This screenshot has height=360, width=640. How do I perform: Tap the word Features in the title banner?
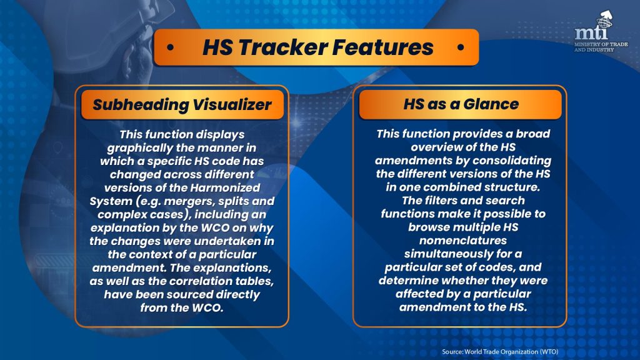point(382,47)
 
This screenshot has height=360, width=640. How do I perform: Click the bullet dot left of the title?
point(170,47)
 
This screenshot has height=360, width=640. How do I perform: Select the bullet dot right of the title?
point(461,47)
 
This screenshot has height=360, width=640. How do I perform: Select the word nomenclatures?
point(463,241)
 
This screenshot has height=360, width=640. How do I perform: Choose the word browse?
point(429,227)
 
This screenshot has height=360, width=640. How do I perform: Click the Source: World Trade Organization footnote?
point(500,351)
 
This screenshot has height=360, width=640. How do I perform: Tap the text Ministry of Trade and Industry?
point(601,47)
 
